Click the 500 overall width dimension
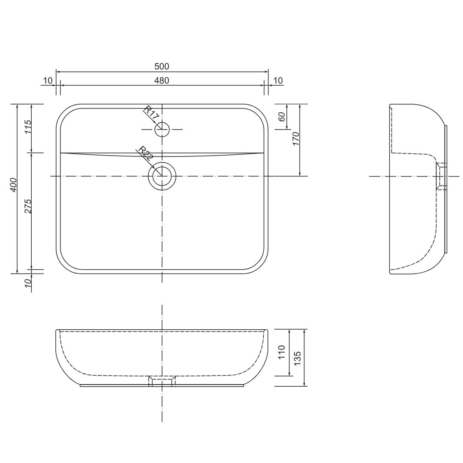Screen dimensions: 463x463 162,66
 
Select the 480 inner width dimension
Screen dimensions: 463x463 162,80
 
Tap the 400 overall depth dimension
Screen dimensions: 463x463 14,184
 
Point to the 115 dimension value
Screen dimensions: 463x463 28,126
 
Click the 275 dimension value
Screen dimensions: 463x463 28,206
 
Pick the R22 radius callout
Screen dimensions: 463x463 146,153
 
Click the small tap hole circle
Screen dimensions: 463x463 162,129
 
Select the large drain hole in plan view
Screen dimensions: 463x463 162,176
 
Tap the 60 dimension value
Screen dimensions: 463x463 282,117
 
